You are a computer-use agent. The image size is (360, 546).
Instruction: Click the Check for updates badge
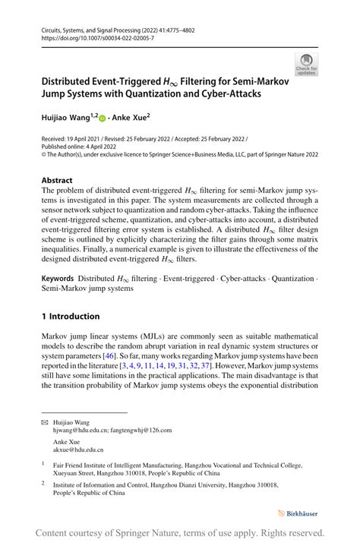(x=306, y=64)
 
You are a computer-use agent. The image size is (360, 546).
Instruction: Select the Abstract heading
(x=58, y=181)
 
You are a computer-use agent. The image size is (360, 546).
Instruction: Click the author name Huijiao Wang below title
(x=65, y=119)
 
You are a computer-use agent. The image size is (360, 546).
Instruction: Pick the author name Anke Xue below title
(x=132, y=119)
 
